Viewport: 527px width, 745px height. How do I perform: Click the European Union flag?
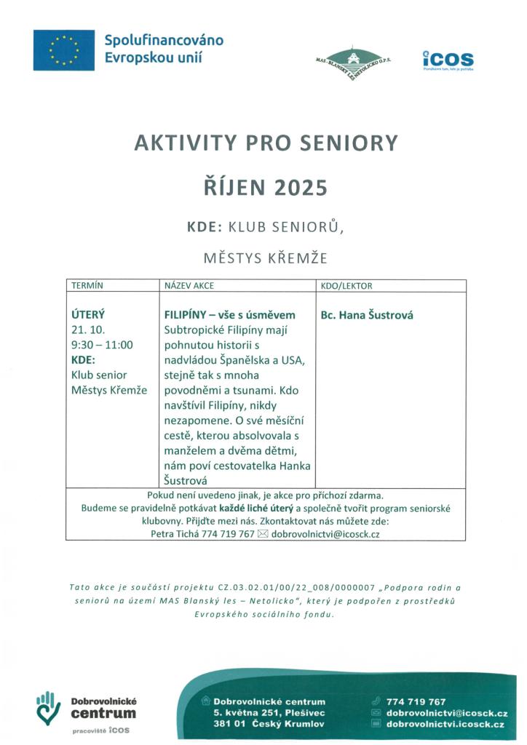click(63, 50)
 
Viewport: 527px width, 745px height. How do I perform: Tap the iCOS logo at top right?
click(448, 60)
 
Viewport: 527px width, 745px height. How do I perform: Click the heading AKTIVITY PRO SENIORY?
click(266, 143)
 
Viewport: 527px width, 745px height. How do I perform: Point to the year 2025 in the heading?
click(301, 188)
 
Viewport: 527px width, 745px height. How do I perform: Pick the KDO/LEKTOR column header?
click(346, 286)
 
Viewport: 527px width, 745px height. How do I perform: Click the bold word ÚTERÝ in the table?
click(88, 315)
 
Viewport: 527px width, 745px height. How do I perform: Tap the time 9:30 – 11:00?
click(102, 345)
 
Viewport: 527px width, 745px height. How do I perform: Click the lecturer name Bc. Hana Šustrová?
click(367, 316)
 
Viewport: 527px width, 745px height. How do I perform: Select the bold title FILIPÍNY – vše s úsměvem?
click(230, 315)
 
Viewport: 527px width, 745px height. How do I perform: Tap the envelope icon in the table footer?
click(263, 534)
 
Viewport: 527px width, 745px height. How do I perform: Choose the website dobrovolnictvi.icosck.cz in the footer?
click(445, 725)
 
